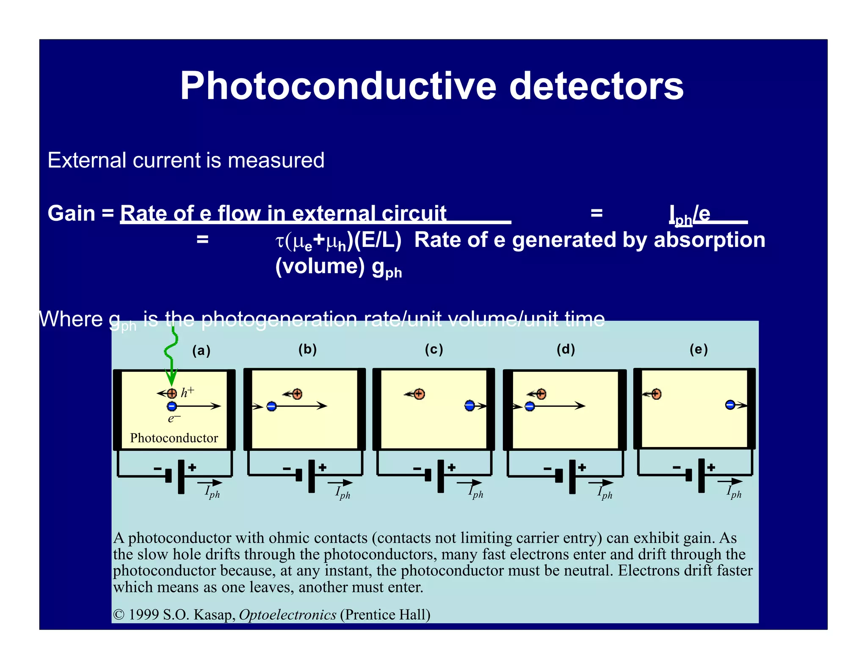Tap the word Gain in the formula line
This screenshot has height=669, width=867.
(x=71, y=213)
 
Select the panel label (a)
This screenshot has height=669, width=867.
(x=201, y=351)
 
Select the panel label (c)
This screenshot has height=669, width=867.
(x=434, y=349)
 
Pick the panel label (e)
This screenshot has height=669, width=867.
(x=699, y=349)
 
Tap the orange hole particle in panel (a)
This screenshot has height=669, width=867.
(x=172, y=394)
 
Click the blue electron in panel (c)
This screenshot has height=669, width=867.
(x=469, y=406)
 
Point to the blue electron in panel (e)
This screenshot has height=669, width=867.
(x=730, y=405)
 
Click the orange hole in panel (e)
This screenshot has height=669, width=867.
(x=656, y=394)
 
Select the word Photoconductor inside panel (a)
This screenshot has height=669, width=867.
(x=174, y=438)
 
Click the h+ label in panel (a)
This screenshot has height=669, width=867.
(x=187, y=392)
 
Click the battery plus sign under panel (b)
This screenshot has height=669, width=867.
(x=323, y=467)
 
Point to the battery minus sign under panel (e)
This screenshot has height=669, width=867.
(x=676, y=467)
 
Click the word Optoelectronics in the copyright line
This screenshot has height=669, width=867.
(x=287, y=614)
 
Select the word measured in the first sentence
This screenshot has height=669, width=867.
(x=276, y=160)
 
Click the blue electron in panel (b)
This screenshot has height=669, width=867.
(x=272, y=406)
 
